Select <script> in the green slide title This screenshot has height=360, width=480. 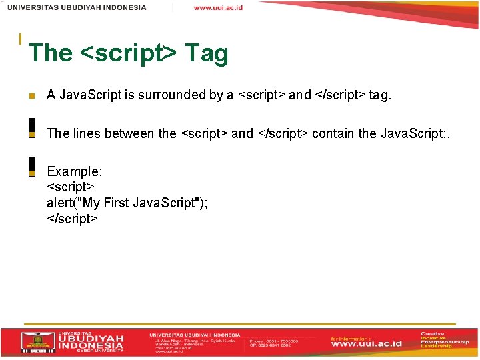point(128,53)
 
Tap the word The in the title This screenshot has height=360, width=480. point(50,53)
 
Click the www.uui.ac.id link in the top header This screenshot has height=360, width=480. point(218,8)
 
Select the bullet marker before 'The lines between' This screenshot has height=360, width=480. point(31,134)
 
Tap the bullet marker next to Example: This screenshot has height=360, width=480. point(31,172)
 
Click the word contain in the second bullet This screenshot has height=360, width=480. point(333,133)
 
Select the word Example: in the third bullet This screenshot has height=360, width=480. point(74,171)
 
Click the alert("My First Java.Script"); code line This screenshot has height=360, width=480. point(127,203)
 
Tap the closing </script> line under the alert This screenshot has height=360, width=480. point(73,218)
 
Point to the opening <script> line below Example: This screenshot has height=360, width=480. point(71,187)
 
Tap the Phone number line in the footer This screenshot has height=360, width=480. point(273,340)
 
